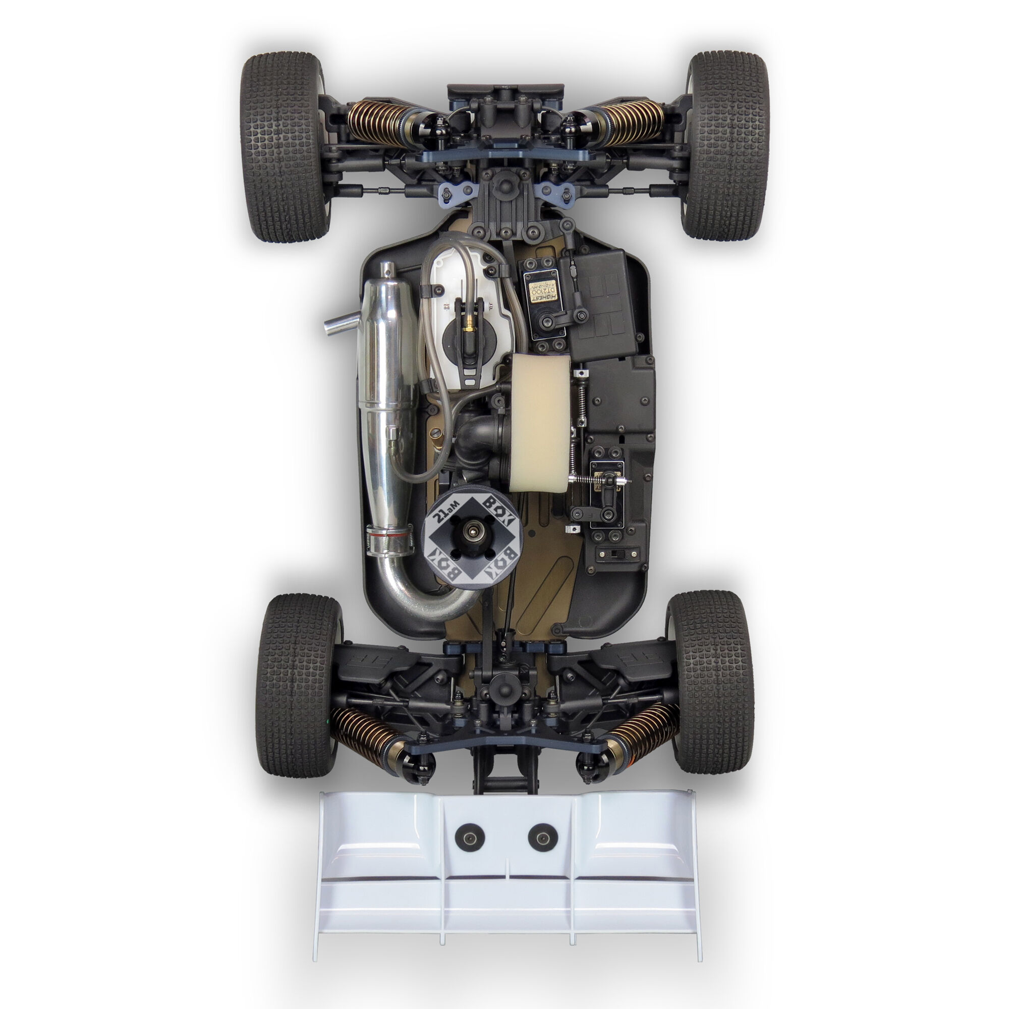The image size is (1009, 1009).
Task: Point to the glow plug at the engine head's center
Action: pyautogui.click(x=473, y=531)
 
